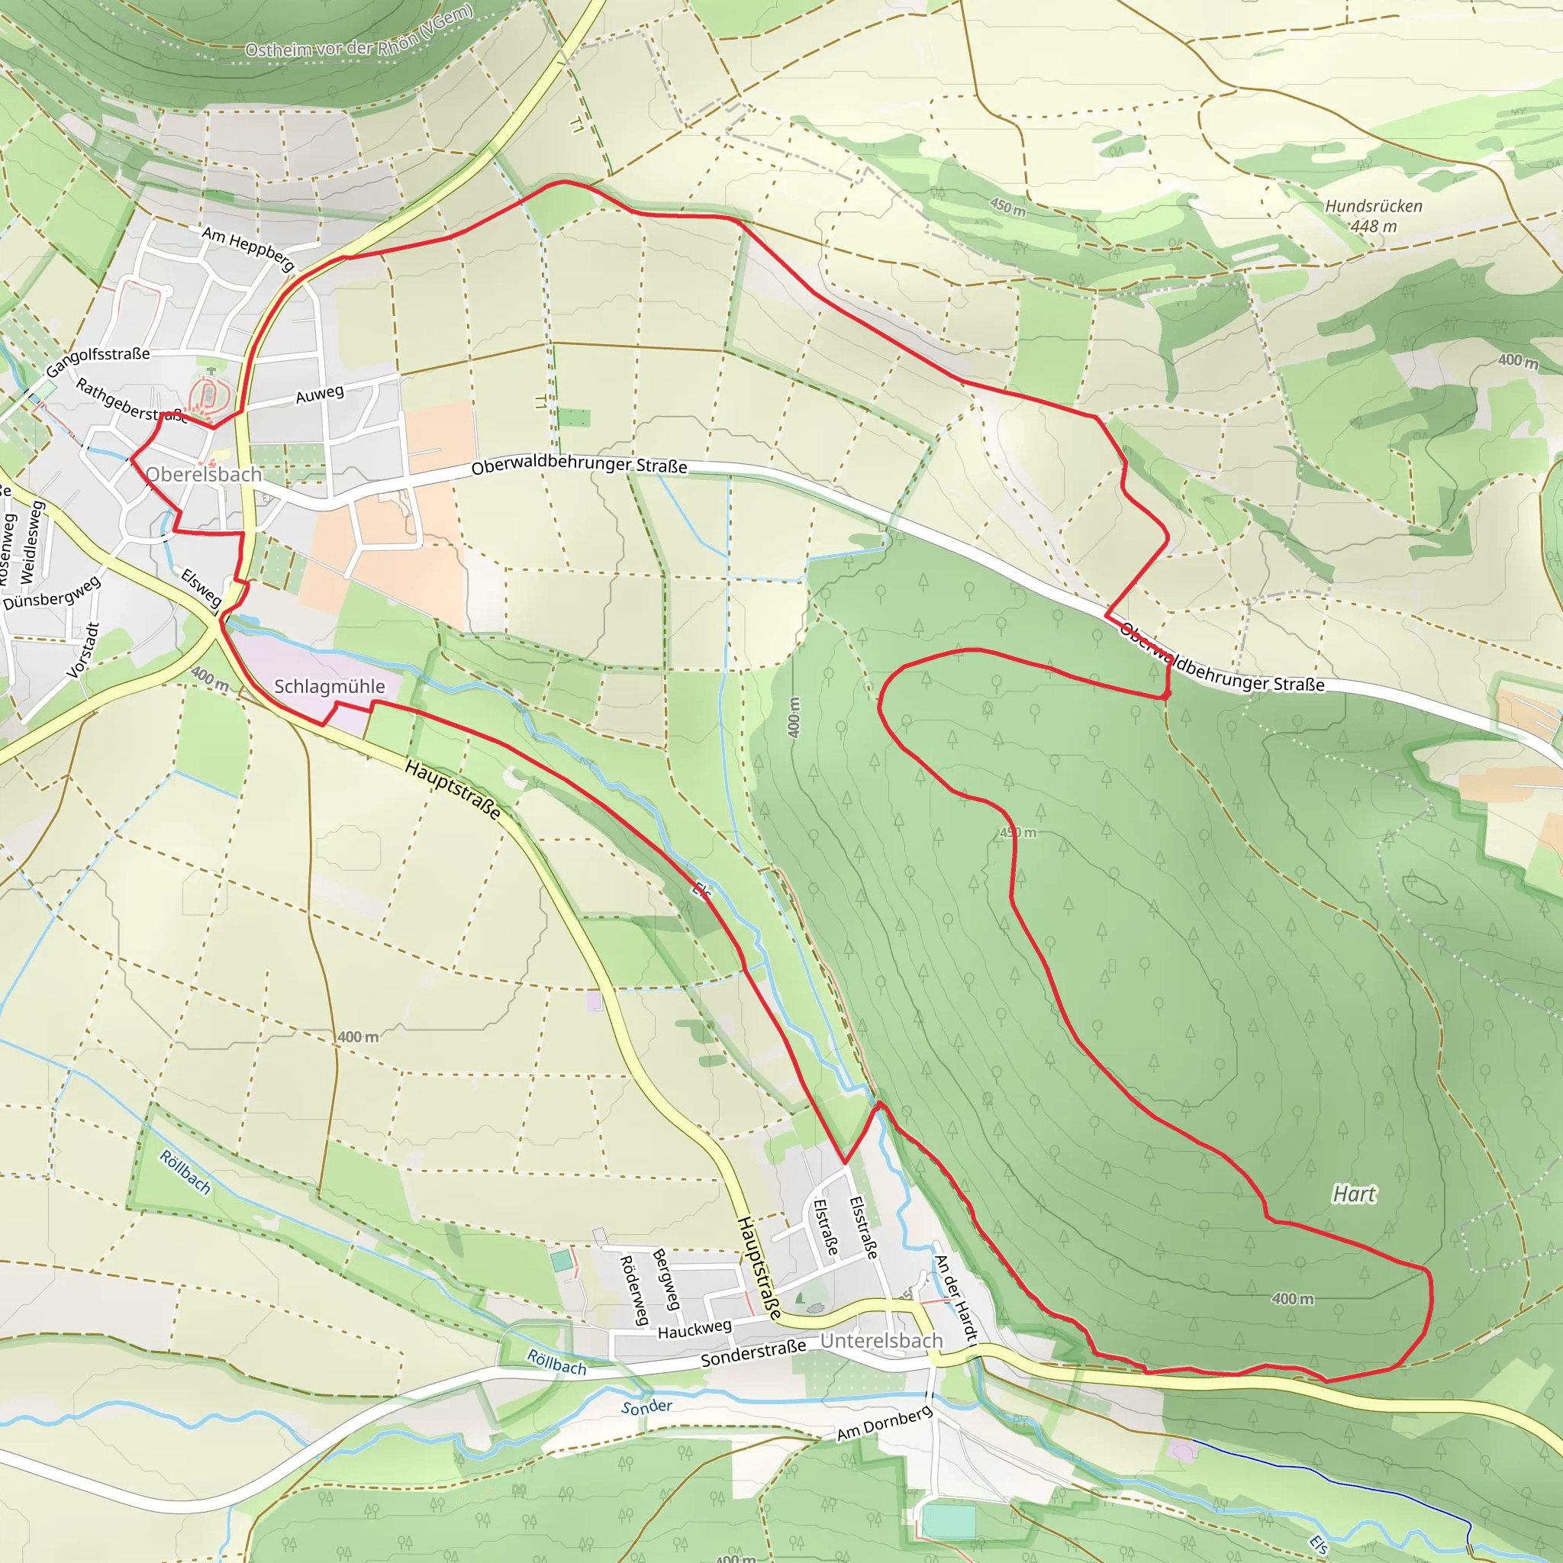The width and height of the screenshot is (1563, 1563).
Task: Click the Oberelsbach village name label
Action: click(x=204, y=474)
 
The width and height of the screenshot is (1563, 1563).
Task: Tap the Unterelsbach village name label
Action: click(x=881, y=1340)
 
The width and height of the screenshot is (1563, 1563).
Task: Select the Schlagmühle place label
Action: click(x=329, y=686)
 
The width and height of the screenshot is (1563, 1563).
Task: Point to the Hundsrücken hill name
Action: click(x=1373, y=206)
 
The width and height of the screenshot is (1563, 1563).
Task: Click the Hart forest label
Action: click(x=1353, y=1194)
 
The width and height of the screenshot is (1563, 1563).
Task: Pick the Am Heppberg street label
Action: click(x=247, y=247)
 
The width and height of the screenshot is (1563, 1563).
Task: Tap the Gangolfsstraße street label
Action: click(x=98, y=362)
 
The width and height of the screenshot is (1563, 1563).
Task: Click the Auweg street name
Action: click(x=320, y=395)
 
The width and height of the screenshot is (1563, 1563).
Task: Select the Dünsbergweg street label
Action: click(x=52, y=593)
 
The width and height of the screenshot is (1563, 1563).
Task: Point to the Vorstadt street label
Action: click(x=82, y=650)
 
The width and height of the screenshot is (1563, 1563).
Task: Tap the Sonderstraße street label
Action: click(x=753, y=1352)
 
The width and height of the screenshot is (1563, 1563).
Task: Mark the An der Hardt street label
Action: click(x=956, y=1297)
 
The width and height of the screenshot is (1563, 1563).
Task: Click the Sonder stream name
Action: click(x=646, y=1407)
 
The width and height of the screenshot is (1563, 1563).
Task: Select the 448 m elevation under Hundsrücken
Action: click(x=1373, y=227)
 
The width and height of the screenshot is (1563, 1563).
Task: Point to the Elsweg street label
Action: click(x=201, y=588)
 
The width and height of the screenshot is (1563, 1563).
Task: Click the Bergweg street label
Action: click(x=666, y=1279)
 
